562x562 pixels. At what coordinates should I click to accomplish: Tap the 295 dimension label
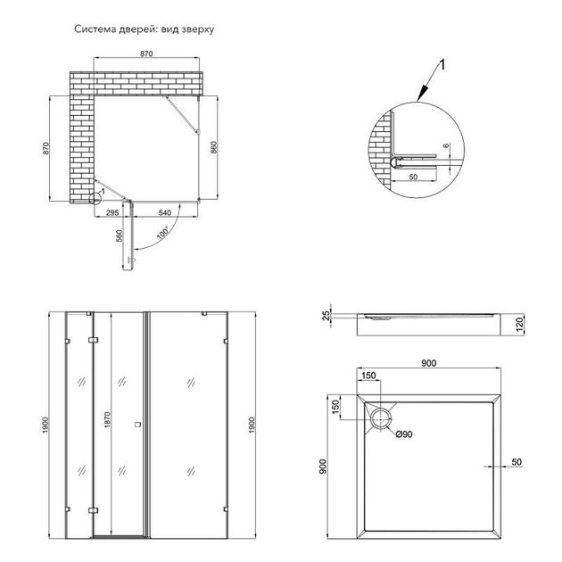click(x=112, y=212)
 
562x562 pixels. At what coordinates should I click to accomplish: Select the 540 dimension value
click(x=165, y=212)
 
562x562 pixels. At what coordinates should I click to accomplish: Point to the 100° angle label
click(x=162, y=233)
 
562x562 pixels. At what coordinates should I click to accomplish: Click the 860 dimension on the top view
click(x=213, y=148)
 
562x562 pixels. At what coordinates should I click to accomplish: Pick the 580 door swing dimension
click(x=120, y=236)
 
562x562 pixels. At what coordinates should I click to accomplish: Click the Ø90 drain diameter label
click(x=404, y=434)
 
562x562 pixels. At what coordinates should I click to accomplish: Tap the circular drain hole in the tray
click(x=380, y=419)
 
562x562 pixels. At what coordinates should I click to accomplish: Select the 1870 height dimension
click(x=108, y=419)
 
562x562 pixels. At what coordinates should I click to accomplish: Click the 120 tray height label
click(x=520, y=324)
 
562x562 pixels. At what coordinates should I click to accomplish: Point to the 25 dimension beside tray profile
click(x=326, y=316)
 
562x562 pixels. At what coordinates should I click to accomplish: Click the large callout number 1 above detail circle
click(x=442, y=65)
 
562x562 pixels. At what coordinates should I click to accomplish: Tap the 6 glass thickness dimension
click(x=446, y=145)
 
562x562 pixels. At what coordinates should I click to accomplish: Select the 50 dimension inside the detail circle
click(x=413, y=177)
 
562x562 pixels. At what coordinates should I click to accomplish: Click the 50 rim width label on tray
click(x=517, y=462)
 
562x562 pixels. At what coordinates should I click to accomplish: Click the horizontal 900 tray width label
click(x=429, y=363)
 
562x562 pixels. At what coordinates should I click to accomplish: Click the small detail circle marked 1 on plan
click(x=95, y=198)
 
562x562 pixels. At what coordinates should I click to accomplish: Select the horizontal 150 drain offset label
click(x=368, y=376)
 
